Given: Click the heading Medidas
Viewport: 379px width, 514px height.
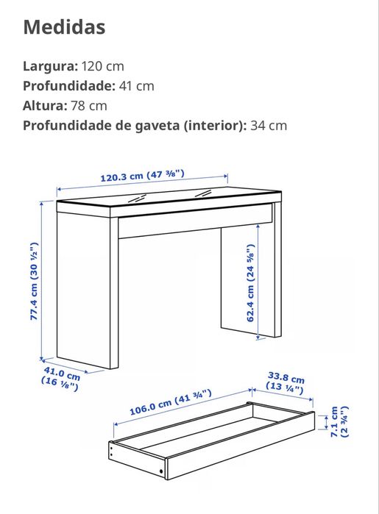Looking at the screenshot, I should pyautogui.click(x=64, y=28).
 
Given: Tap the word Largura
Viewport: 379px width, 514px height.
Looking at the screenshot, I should pyautogui.click(x=49, y=66).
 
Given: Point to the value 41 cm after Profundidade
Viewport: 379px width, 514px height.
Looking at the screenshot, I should pyautogui.click(x=137, y=85).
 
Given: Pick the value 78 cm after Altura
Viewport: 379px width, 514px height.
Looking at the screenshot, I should pyautogui.click(x=89, y=105).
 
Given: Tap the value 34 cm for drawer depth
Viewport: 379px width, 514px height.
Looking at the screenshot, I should pyautogui.click(x=269, y=125).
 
